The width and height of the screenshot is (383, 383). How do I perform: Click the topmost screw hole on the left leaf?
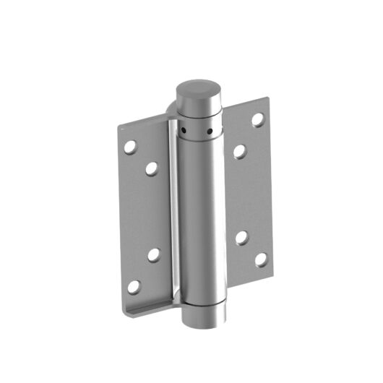point(130,147)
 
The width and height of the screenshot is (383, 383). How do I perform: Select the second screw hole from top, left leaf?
point(152,169)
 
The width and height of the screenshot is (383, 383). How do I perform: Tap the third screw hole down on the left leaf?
point(154,254)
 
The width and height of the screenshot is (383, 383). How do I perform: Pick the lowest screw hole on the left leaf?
point(133,287)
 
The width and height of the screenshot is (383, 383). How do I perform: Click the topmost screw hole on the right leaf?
point(257,119)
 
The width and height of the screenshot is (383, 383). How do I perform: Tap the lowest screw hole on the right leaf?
point(260,258)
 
